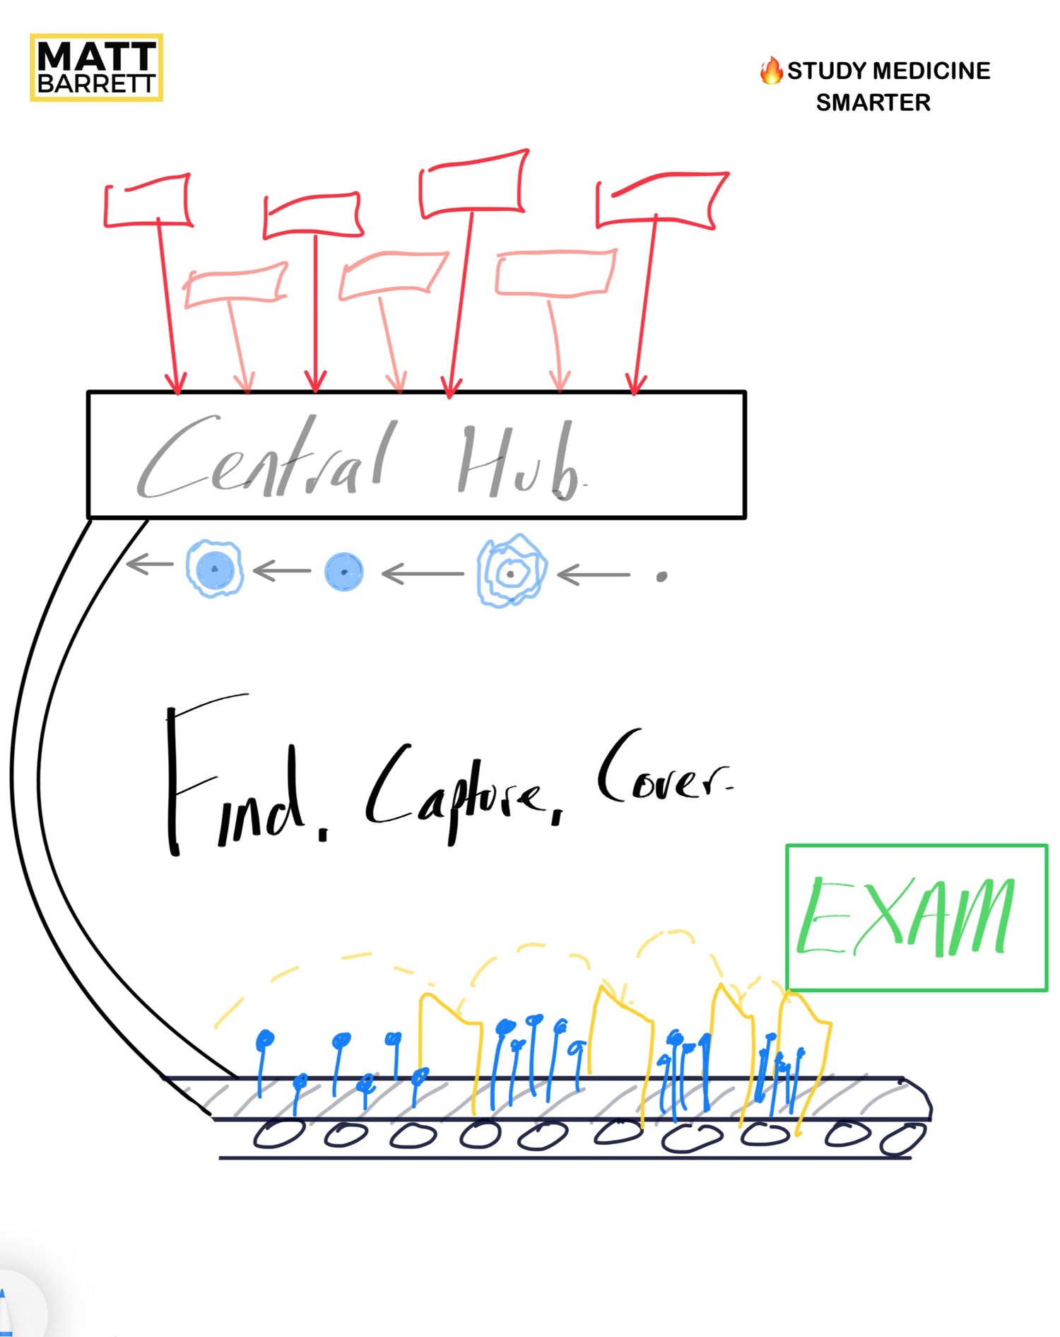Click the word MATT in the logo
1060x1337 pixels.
pos(96,56)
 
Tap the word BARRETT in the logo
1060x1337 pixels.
pos(96,84)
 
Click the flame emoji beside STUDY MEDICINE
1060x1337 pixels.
pos(771,71)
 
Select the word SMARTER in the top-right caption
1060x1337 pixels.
pos(873,103)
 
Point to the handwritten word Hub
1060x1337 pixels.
pos(519,463)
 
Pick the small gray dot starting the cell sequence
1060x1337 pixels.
pos(661,577)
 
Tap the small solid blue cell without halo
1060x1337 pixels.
pos(344,572)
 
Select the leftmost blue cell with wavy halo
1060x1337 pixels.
pos(215,568)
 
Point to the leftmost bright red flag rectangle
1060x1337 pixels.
pos(148,202)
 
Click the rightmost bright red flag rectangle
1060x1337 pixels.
pos(661,199)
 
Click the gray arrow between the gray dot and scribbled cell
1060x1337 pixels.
pos(594,575)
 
